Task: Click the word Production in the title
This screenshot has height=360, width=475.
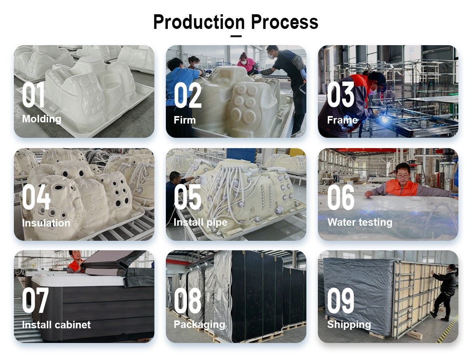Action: pyautogui.click(x=199, y=22)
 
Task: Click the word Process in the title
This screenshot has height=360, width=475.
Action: pyautogui.click(x=285, y=22)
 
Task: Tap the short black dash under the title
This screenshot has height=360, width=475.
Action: pyautogui.click(x=236, y=36)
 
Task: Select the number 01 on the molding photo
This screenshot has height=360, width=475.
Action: pyautogui.click(x=34, y=95)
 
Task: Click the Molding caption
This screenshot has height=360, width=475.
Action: pyautogui.click(x=42, y=119)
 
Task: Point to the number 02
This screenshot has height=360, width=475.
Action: pyautogui.click(x=188, y=95)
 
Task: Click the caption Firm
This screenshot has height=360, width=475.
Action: pyautogui.click(x=184, y=120)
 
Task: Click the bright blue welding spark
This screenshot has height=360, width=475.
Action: pyautogui.click(x=385, y=119)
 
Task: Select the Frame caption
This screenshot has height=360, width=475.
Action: pyautogui.click(x=342, y=120)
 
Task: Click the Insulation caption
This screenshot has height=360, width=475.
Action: pyautogui.click(x=46, y=223)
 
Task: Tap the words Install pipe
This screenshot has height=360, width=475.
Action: pyautogui.click(x=200, y=223)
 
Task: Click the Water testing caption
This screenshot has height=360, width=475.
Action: pyautogui.click(x=360, y=222)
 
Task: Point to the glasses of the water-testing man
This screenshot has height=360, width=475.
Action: pyautogui.click(x=403, y=176)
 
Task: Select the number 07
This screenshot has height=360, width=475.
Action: pyautogui.click(x=35, y=300)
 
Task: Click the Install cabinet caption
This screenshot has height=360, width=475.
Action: pyautogui.click(x=56, y=325)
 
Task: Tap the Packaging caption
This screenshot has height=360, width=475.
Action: pyautogui.click(x=199, y=325)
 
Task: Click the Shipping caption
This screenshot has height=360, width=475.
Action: pyautogui.click(x=349, y=324)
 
